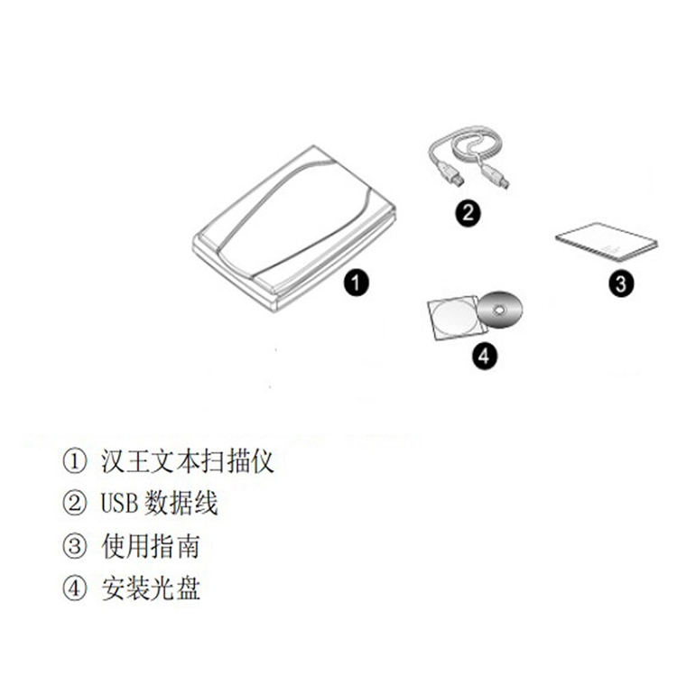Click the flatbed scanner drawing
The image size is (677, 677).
(293, 229)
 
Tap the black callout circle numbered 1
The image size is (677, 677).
(357, 283)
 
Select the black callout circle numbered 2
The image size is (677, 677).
(468, 213)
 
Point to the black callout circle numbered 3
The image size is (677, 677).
(621, 284)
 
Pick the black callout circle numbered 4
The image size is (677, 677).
(484, 357)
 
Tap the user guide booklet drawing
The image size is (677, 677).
(607, 243)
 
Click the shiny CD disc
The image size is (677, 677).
(500, 310)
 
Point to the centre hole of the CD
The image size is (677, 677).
(500, 310)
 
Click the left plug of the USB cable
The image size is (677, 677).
(451, 174)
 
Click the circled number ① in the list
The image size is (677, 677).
(75, 461)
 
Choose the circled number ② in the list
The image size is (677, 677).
(75, 504)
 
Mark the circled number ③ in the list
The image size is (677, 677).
(75, 546)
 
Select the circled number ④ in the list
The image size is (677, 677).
(75, 589)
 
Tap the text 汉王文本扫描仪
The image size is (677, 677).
(188, 461)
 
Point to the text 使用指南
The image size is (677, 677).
(151, 546)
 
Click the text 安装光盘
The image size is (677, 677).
(151, 589)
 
